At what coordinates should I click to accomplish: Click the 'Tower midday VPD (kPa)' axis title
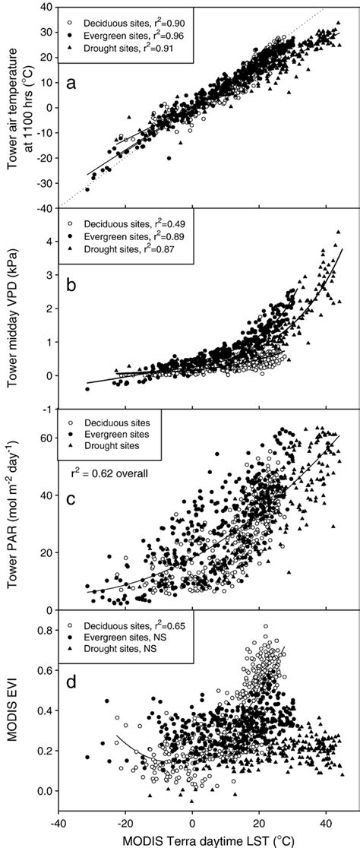13,312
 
